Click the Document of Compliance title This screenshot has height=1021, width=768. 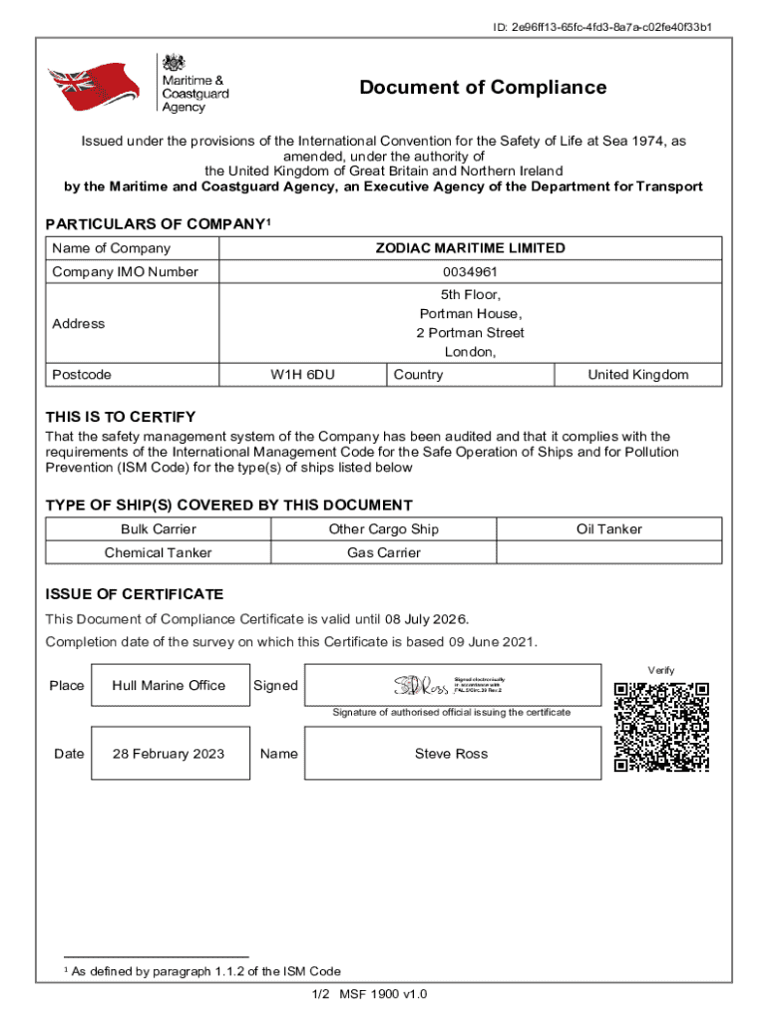pos(483,88)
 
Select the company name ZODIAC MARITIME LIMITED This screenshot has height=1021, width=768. pos(470,248)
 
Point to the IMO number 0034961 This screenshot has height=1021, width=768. pos(470,272)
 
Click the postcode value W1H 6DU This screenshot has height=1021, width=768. pos(302,375)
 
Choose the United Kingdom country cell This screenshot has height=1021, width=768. pos(637,375)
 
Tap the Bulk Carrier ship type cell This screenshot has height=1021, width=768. pos(159,529)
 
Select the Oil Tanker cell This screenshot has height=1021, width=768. pos(608,529)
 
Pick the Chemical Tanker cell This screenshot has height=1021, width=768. pos(159,552)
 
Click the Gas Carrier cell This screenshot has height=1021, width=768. pos(384,552)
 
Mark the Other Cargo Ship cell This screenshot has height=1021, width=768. pos(384,529)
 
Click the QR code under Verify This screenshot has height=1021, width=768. pos(661,728)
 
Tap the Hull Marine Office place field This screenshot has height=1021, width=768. pos(169,685)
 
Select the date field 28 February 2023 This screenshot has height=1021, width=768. pos(169,754)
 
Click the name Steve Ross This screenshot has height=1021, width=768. pos(451,754)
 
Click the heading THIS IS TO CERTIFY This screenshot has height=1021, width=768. pos(121,417)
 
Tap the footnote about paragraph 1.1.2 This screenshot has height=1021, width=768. pos(202,971)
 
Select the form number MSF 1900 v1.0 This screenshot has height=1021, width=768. pos(383,995)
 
